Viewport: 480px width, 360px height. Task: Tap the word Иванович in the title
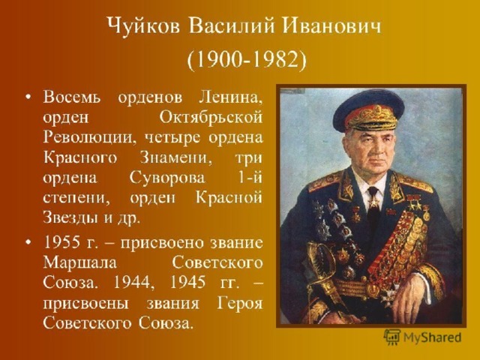tap(331, 25)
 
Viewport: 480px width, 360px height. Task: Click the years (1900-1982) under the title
tap(247, 61)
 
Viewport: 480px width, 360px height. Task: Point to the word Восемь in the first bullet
tap(72, 97)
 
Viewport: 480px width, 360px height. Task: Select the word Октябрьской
tap(211, 118)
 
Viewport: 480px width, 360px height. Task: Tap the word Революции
tap(88, 138)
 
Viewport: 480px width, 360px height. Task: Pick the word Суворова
tap(167, 178)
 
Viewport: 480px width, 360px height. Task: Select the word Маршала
tap(80, 263)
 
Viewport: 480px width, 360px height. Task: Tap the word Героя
tap(240, 304)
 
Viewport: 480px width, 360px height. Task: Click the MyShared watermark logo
tap(422, 337)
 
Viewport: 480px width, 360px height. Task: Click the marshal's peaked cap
tap(368, 112)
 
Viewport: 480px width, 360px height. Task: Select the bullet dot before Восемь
tap(28, 97)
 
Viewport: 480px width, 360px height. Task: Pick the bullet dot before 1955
tap(28, 243)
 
